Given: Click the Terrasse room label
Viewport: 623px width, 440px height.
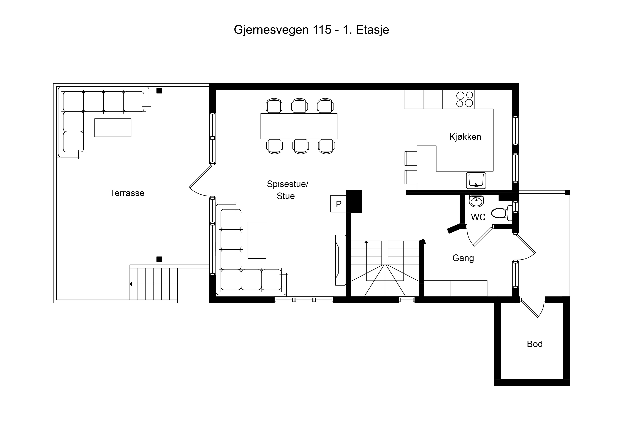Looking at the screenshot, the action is (x=127, y=193).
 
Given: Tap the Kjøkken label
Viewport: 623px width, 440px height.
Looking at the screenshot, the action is (x=465, y=137).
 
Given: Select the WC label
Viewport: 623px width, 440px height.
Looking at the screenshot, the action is (x=478, y=217).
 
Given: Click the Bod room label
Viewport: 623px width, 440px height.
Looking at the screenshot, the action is (x=535, y=344).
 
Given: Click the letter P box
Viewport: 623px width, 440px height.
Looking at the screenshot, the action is (x=338, y=204).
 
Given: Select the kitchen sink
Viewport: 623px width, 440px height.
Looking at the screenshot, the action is (x=476, y=180).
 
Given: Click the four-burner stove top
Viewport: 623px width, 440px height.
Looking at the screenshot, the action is (x=465, y=99).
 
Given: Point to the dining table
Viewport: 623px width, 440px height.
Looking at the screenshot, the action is (x=299, y=126).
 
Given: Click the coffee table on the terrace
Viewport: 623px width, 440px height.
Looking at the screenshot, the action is (x=113, y=128).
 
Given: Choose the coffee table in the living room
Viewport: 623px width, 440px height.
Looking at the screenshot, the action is (x=257, y=240).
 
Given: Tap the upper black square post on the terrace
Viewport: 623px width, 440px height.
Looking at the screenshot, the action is (x=159, y=91).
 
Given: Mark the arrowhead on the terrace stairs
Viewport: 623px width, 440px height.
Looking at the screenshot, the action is (x=131, y=284).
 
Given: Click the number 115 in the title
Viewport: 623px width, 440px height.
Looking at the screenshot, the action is (x=322, y=30).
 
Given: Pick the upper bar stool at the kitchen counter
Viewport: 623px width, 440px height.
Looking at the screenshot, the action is (x=411, y=158).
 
